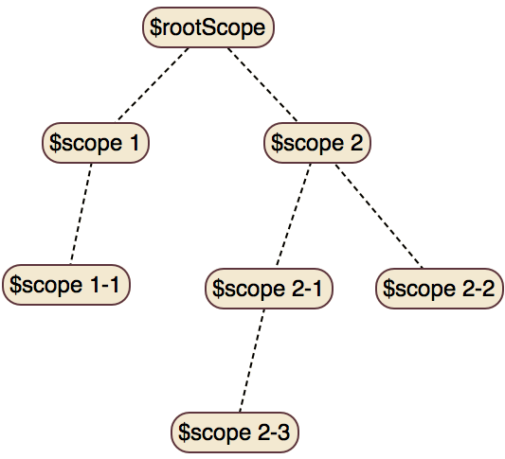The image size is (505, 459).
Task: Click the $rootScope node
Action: pyautogui.click(x=208, y=27)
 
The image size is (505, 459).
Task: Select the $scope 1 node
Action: pyautogui.click(x=96, y=143)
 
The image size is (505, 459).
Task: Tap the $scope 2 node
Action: pyautogui.click(x=317, y=143)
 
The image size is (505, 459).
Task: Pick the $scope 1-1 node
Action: pyautogui.click(x=66, y=285)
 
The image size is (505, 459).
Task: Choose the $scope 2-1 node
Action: pyautogui.click(x=269, y=289)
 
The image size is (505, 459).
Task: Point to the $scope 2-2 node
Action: pyautogui.click(x=440, y=289)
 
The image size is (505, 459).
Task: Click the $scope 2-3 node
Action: pyautogui.click(x=235, y=433)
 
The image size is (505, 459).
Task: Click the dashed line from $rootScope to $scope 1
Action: pyautogui.click(x=153, y=85)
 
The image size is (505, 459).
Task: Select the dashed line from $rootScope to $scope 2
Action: pyautogui.click(x=262, y=85)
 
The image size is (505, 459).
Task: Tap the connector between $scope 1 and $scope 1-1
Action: pyautogui.click(x=81, y=214)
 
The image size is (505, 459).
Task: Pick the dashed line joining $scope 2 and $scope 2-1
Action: pyautogui.click(x=294, y=216)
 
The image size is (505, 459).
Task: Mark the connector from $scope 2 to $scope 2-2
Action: pyautogui.click(x=379, y=216)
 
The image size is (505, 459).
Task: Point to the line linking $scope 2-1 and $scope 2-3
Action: pyautogui.click(x=252, y=361)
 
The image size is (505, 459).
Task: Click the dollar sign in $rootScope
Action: pyautogui.click(x=155, y=27)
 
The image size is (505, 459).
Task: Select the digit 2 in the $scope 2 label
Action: pyautogui.click(x=357, y=143)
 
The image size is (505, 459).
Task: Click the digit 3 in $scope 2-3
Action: pyautogui.click(x=283, y=433)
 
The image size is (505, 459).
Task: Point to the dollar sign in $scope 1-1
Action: pyautogui.click(x=15, y=285)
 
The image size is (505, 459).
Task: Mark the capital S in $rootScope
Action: pyautogui.click(x=209, y=27)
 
